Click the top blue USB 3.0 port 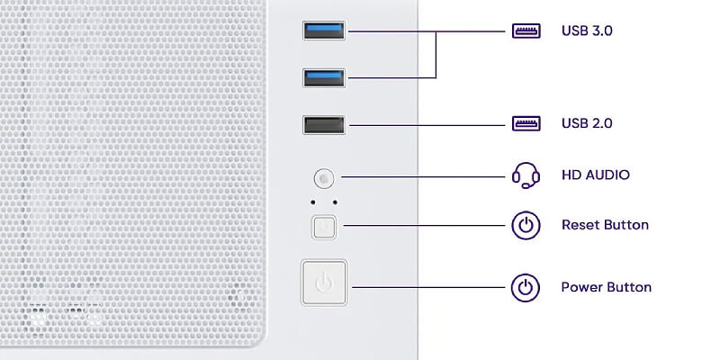324,31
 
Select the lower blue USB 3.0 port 324,77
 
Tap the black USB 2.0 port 324,125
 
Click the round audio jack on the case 324,177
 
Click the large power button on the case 324,283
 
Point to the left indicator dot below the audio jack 312,202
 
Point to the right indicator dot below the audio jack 335,202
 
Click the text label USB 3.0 587,31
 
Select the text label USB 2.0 587,123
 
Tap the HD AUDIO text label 596,175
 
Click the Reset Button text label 605,225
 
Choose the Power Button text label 606,287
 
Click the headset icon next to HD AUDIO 526,175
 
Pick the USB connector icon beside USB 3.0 526,31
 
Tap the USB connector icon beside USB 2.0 526,123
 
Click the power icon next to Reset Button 526,226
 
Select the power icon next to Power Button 526,287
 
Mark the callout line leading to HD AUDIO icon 423,176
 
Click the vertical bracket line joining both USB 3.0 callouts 436,55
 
